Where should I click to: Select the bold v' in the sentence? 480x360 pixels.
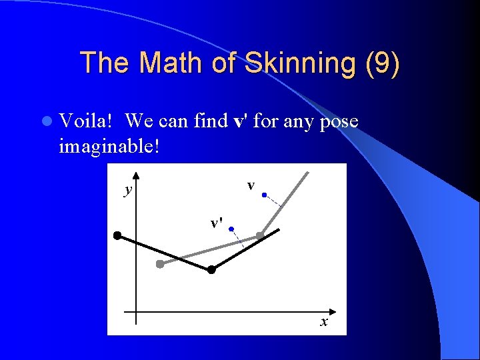[x=241, y=122]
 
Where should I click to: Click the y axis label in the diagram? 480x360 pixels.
[x=127, y=191]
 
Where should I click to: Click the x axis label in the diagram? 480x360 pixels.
[x=324, y=322]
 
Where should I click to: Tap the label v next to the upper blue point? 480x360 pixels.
[x=251, y=185]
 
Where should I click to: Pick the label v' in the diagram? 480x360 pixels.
[x=216, y=223]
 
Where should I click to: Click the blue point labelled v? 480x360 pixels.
[x=265, y=195]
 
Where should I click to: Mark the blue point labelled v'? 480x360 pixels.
[x=231, y=229]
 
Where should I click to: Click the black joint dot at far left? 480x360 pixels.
[x=117, y=235]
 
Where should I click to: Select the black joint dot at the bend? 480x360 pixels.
[x=211, y=270]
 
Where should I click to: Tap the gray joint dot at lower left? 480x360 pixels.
[x=160, y=264]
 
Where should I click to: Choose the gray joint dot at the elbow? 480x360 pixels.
[x=260, y=235]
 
